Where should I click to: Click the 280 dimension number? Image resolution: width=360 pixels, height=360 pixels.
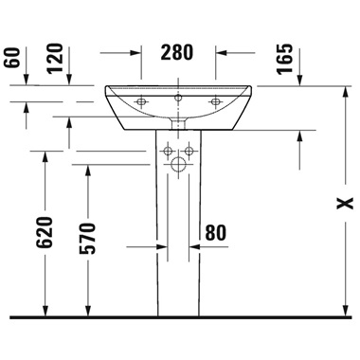pos(177,52)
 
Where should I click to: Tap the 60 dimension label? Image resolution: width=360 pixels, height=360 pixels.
pos(12,58)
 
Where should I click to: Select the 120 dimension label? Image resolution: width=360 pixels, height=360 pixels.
pos(55,59)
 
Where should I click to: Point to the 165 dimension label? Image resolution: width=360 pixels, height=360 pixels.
pos(285,60)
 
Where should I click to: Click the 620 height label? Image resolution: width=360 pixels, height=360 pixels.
pos(44,232)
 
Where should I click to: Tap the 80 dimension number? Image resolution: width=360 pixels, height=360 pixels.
pos(216,233)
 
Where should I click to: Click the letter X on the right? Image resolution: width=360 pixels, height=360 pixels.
pos(345,204)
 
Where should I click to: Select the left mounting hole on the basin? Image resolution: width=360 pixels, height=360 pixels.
pos(141,101)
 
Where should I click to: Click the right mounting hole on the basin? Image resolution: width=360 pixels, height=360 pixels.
pos(216,101)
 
